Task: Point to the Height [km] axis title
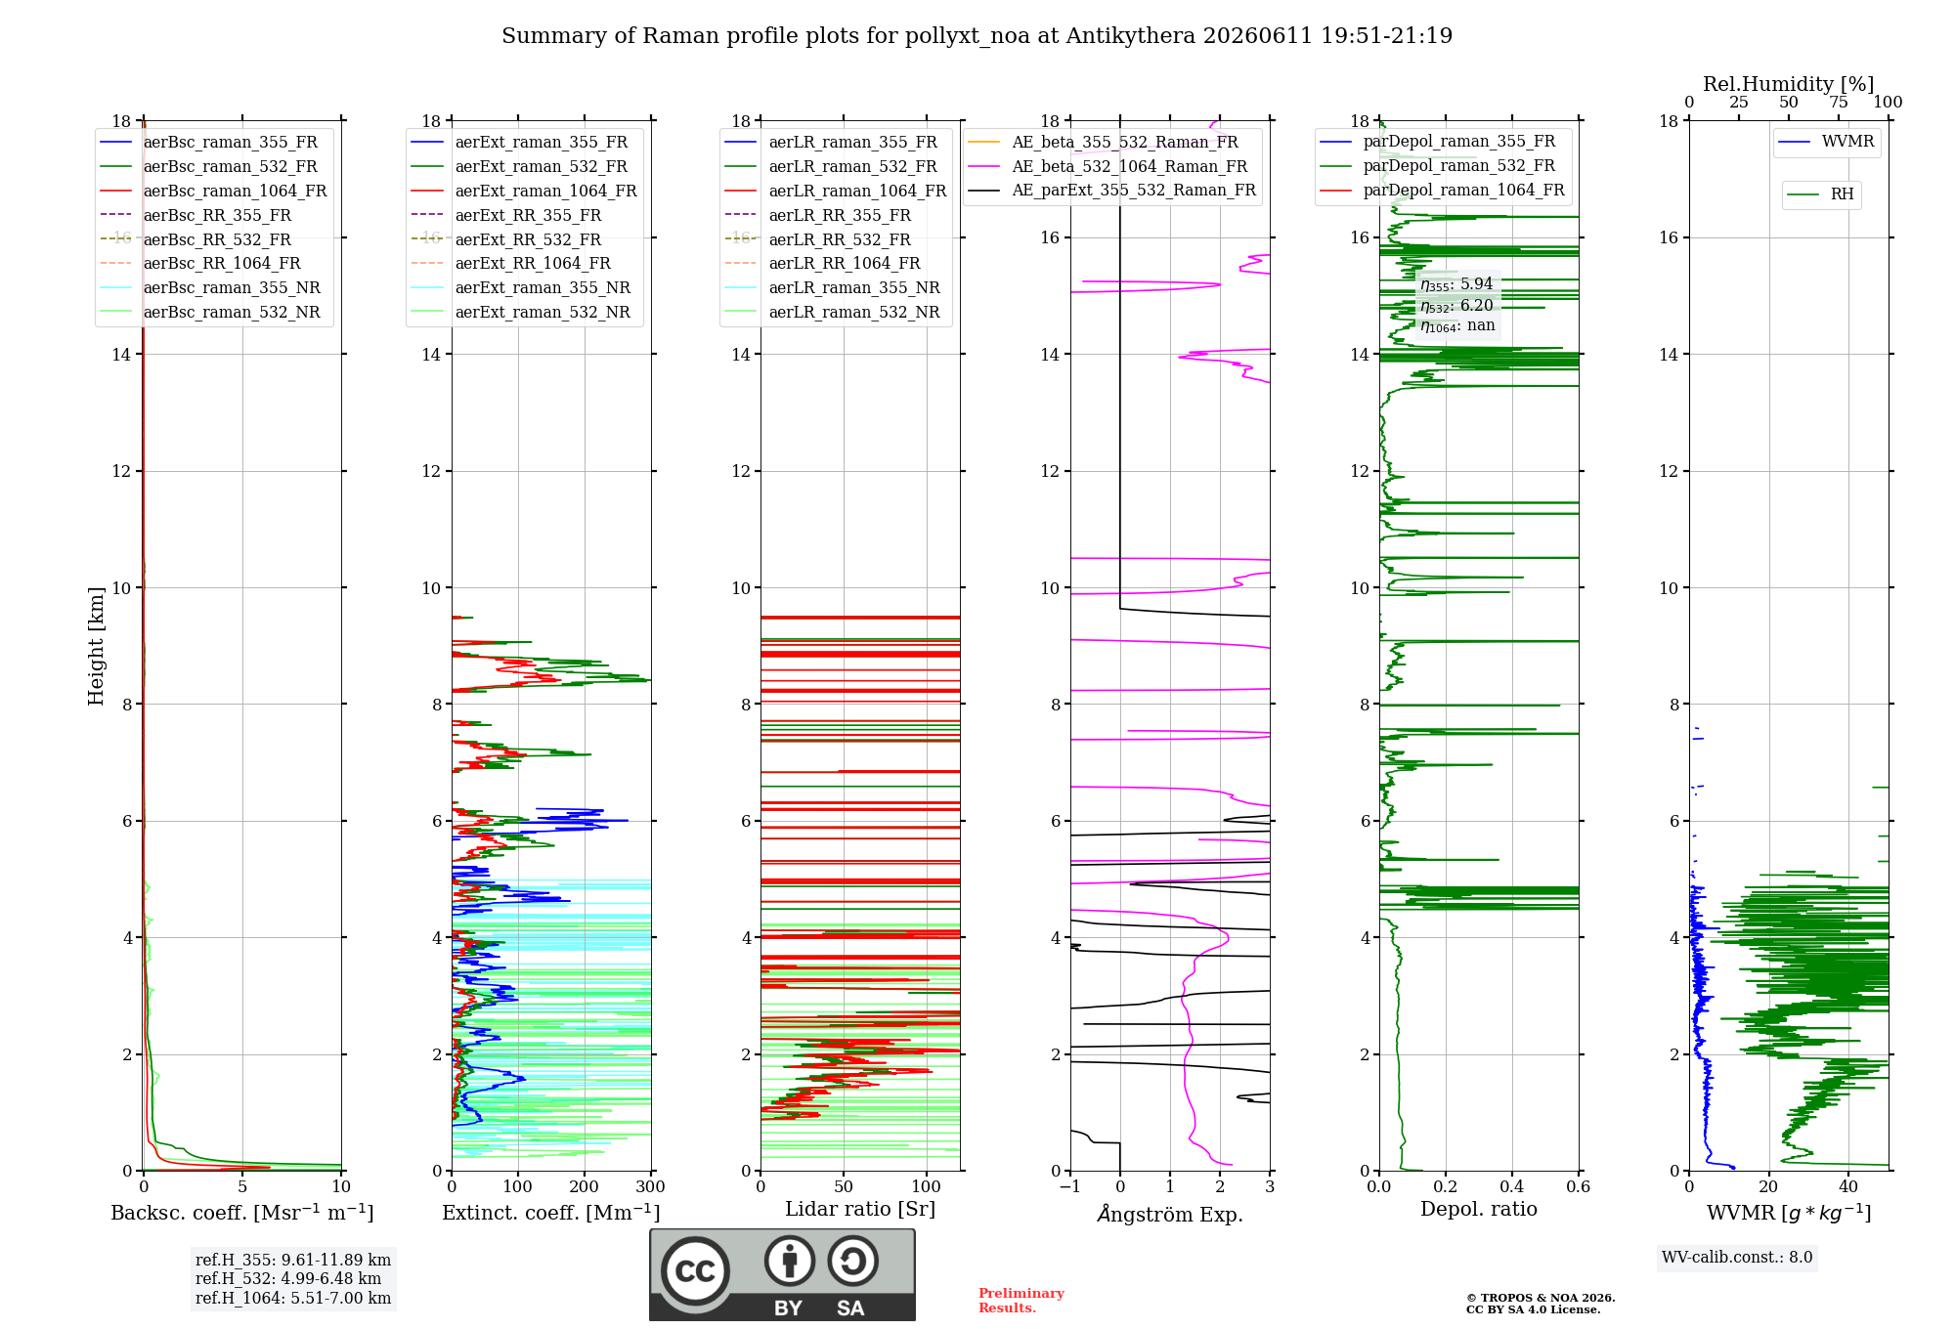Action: [96, 646]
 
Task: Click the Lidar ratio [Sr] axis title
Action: [860, 1209]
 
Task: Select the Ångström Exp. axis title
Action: [1170, 1214]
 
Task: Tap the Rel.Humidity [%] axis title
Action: [1789, 84]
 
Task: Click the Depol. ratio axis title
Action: [1479, 1209]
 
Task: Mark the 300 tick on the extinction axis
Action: [650, 1186]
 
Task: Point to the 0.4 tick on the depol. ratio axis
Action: [1512, 1186]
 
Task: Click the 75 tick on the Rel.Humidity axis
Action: [1839, 102]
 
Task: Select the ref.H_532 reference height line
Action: [288, 1278]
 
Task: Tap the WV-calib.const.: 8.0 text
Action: [1737, 1257]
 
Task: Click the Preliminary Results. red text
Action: [1021, 1301]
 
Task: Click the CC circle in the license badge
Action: [695, 1271]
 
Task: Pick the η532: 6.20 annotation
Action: [1456, 306]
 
